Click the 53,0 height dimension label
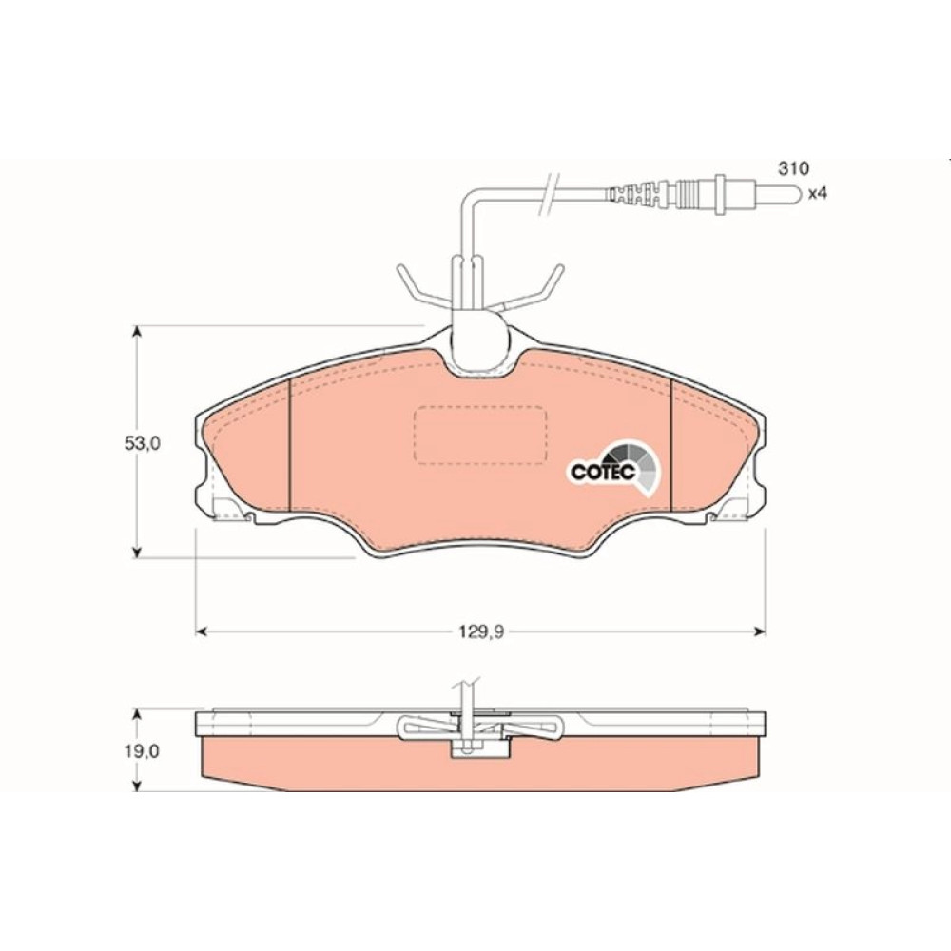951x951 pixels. pyautogui.click(x=142, y=443)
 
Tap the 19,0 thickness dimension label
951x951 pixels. pyautogui.click(x=142, y=751)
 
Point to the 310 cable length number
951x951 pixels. pyautogui.click(x=793, y=168)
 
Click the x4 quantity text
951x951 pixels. pyautogui.click(x=818, y=193)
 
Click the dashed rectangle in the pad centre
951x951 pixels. pyautogui.click(x=480, y=435)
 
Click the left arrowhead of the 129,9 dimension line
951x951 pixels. pyautogui.click(x=202, y=632)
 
